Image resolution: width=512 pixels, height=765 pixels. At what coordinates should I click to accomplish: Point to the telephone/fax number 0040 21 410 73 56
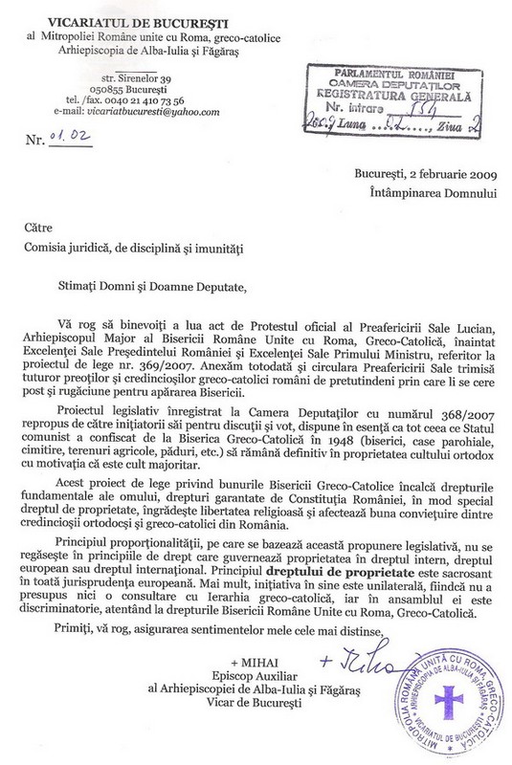pyautogui.click(x=158, y=99)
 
